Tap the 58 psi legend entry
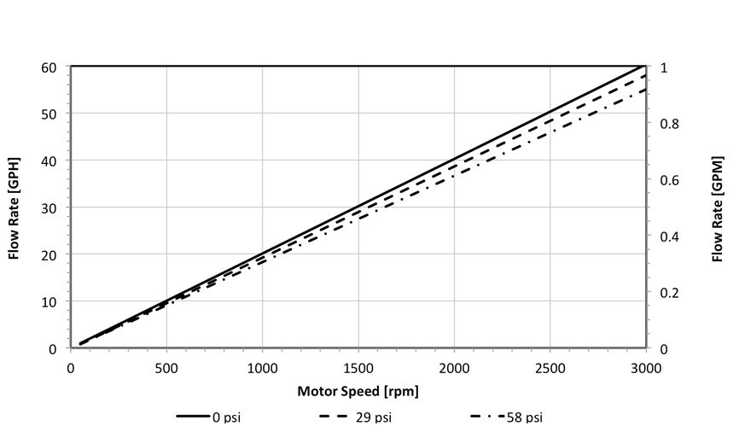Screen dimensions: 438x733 507,418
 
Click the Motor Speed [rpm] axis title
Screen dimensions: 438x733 358,392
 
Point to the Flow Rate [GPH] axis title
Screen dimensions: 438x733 14,207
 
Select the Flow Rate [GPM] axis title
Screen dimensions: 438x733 717,207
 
